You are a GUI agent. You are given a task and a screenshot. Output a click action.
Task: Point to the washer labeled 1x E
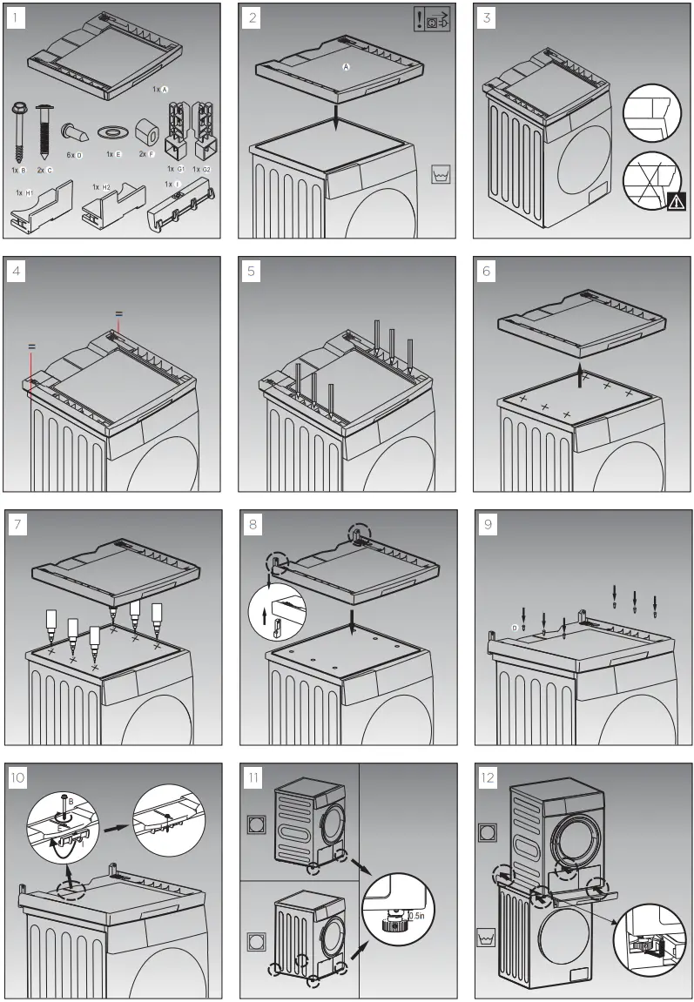click(x=111, y=131)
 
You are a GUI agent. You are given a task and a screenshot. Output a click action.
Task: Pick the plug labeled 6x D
click(x=71, y=135)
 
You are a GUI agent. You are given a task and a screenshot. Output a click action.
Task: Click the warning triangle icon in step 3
click(x=676, y=202)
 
